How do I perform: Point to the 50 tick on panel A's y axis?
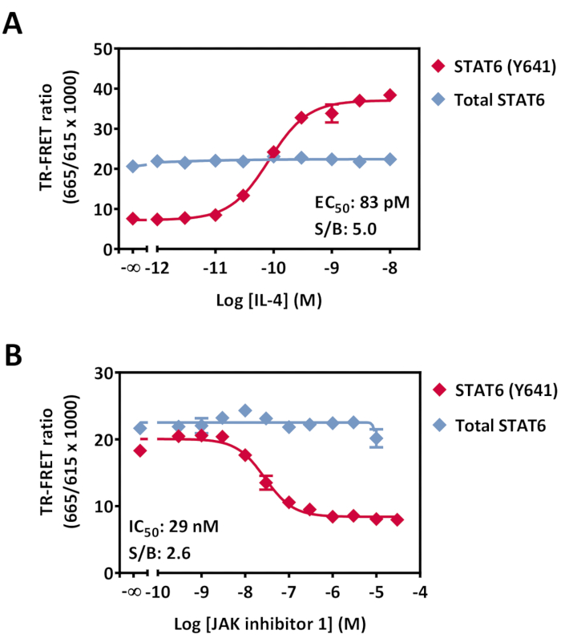tap(102, 49)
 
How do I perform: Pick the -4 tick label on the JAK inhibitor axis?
tap(418, 591)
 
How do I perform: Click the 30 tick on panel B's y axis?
tap(102, 373)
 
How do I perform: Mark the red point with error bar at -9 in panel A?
tap(332, 115)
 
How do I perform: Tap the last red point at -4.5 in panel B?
tap(397, 520)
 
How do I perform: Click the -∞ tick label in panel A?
tap(130, 265)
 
